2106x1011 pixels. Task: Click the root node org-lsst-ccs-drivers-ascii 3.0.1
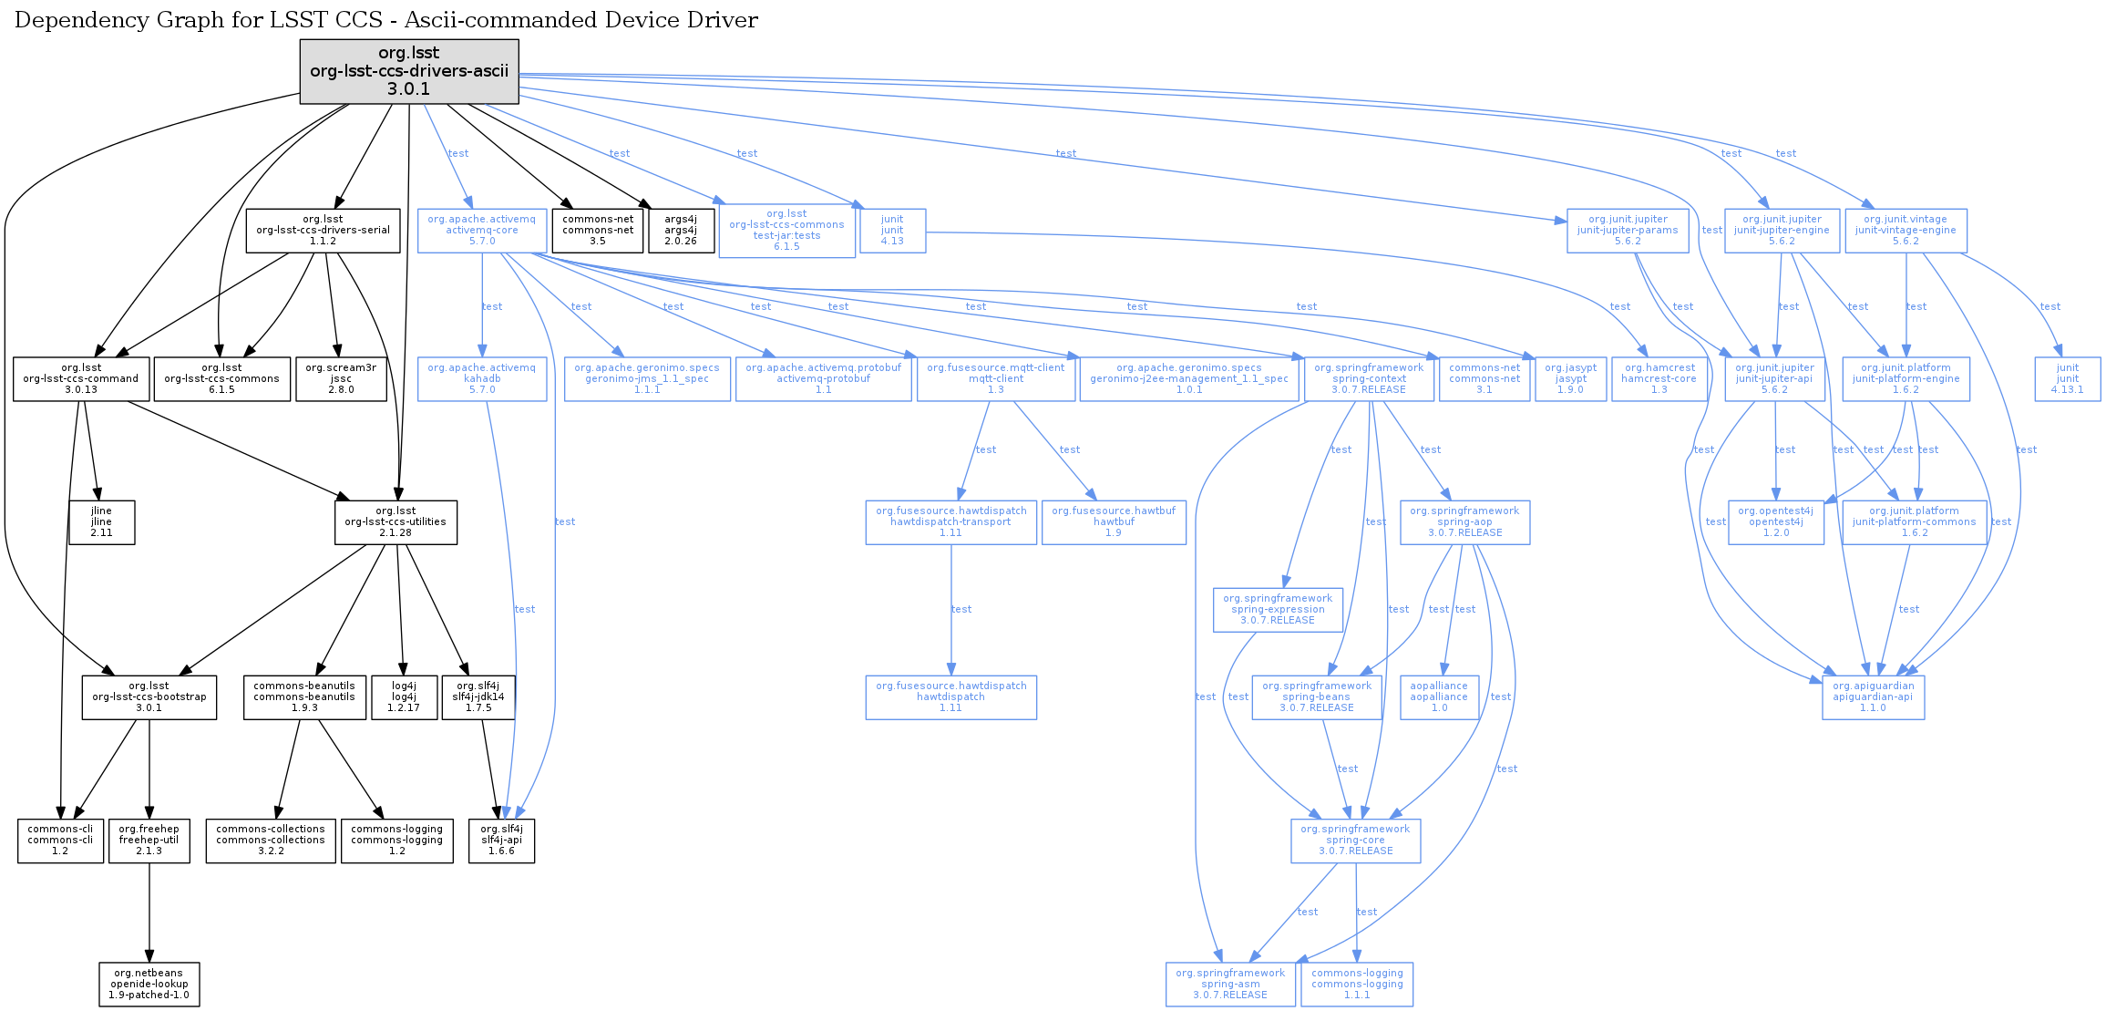coord(409,71)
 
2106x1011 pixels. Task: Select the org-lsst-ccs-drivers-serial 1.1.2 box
coord(323,231)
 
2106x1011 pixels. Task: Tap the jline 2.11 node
coord(102,522)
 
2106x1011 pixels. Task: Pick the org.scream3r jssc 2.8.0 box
coord(341,379)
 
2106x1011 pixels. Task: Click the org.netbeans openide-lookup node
coord(149,985)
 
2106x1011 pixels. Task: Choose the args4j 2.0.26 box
coord(681,231)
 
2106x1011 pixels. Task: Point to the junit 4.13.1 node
coord(2067,379)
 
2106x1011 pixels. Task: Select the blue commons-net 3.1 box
coord(1484,379)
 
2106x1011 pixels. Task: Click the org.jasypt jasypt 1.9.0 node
coord(1570,379)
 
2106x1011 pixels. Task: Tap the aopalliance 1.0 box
coord(1439,697)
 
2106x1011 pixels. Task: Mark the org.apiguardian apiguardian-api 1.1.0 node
coord(1873,697)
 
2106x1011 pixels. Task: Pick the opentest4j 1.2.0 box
coord(1775,522)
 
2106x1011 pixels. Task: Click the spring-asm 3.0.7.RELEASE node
coord(1230,985)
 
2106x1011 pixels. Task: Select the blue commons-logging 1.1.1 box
coord(1357,985)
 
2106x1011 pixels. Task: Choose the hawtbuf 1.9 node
coord(1114,522)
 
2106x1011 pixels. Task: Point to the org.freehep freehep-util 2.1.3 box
coord(149,841)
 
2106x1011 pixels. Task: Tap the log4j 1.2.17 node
coord(404,697)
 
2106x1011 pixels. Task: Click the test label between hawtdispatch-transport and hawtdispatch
coord(961,609)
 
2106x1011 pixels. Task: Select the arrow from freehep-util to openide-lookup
coord(149,912)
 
